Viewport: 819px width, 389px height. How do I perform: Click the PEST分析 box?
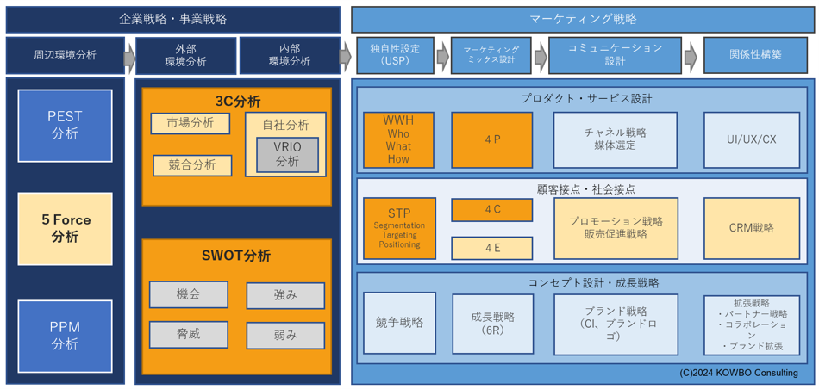pyautogui.click(x=65, y=126)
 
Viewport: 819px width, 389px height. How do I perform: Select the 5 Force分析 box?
pyautogui.click(x=65, y=229)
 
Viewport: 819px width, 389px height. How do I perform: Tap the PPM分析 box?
pyautogui.click(x=65, y=336)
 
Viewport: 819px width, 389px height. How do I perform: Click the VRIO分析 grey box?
pyautogui.click(x=287, y=154)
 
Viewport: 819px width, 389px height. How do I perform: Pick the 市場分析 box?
pyautogui.click(x=191, y=123)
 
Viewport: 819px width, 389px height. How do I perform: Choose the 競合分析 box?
pyautogui.click(x=192, y=164)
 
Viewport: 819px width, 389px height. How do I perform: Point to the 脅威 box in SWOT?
pyautogui.click(x=188, y=334)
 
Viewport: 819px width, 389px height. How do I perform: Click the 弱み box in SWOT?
pyautogui.click(x=285, y=335)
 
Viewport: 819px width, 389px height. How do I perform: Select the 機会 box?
pyautogui.click(x=188, y=294)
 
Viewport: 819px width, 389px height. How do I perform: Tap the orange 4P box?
pyautogui.click(x=491, y=139)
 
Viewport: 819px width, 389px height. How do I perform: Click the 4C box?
pyautogui.click(x=491, y=209)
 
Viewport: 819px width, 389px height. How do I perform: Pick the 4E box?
pyautogui.click(x=491, y=248)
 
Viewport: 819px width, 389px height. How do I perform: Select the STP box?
pyautogui.click(x=399, y=228)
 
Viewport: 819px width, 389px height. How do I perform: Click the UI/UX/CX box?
pyautogui.click(x=751, y=139)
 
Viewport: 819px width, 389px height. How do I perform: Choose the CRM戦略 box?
pyautogui.click(x=751, y=228)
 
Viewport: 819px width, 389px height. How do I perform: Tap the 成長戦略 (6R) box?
pyautogui.click(x=492, y=324)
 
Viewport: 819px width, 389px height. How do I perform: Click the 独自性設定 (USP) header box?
pyautogui.click(x=395, y=55)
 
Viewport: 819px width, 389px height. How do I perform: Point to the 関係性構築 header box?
pyautogui.click(x=754, y=55)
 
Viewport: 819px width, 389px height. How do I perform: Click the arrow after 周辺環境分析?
pyautogui.click(x=129, y=58)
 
